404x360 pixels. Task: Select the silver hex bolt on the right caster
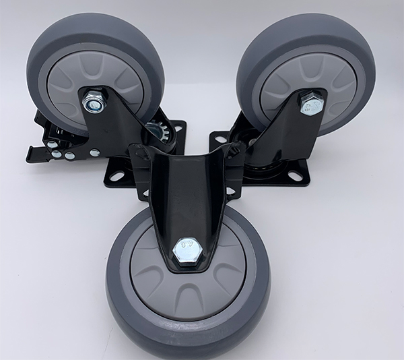(311, 104)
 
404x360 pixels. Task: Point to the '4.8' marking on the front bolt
(185, 247)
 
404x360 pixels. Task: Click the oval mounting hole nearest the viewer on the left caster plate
(117, 176)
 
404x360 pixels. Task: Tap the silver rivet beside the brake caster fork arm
(69, 155)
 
